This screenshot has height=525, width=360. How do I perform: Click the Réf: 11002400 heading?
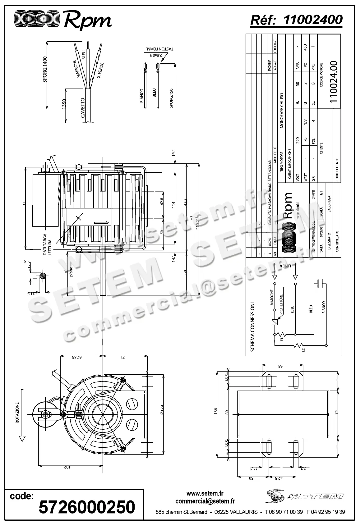click(x=296, y=20)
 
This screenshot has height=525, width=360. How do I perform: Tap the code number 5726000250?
click(x=87, y=507)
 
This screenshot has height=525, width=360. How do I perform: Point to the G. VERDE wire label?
click(x=100, y=71)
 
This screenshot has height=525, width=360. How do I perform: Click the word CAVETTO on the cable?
click(x=83, y=108)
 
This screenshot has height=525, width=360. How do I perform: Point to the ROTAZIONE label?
click(x=18, y=413)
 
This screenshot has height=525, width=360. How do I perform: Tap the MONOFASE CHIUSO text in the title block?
click(x=282, y=110)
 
